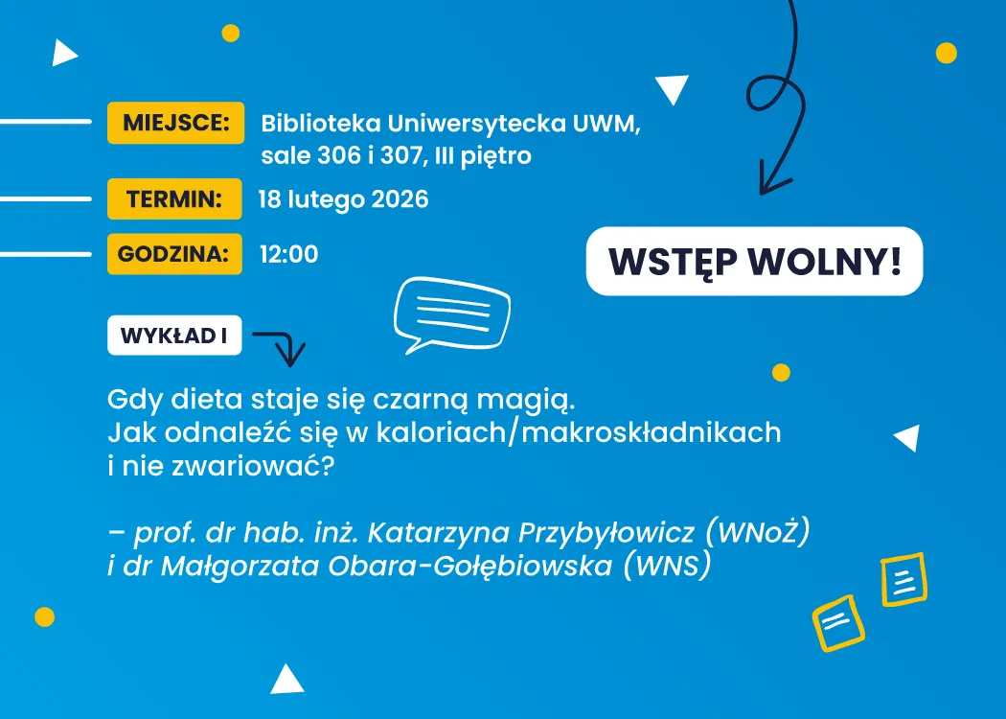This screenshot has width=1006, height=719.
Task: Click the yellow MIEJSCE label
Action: click(175, 123)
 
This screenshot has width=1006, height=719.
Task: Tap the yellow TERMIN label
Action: click(174, 199)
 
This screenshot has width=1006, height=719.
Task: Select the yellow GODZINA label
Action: click(174, 254)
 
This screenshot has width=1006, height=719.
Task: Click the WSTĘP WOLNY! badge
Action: click(754, 261)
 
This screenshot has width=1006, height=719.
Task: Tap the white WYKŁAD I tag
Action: click(173, 336)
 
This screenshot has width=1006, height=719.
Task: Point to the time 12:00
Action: click(288, 254)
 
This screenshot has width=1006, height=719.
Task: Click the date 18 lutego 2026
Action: click(343, 199)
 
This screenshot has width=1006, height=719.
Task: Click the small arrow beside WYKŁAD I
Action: click(280, 346)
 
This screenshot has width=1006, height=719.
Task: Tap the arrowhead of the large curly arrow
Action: click(771, 182)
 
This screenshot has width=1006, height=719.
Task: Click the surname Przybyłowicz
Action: click(606, 530)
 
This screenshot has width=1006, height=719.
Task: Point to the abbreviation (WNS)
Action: click(668, 566)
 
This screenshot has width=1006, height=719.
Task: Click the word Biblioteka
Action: click(319, 124)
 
